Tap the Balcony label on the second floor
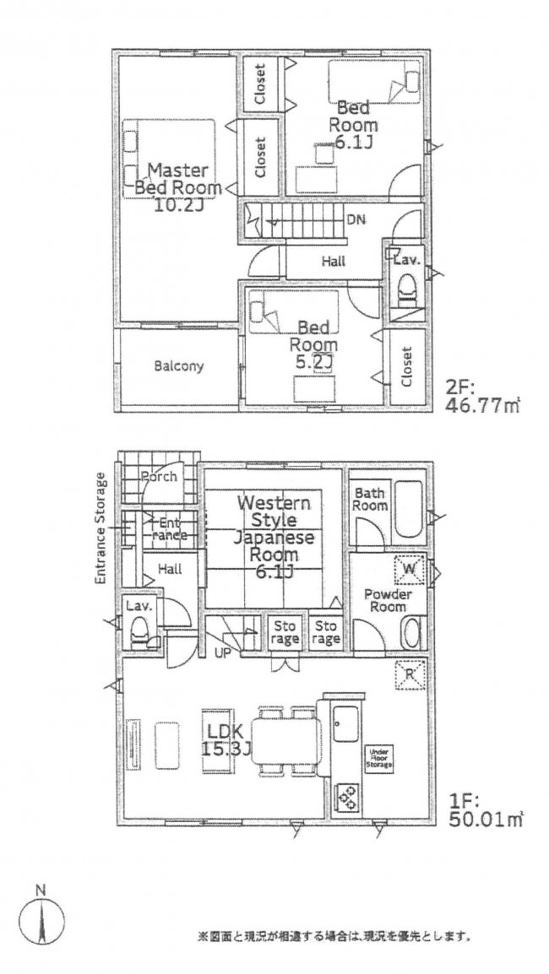tap(178, 367)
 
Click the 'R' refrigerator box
tap(410, 674)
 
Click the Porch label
tap(159, 477)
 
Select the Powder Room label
tap(387, 601)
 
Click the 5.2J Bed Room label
tap(313, 345)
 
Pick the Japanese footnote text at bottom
tap(334, 936)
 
